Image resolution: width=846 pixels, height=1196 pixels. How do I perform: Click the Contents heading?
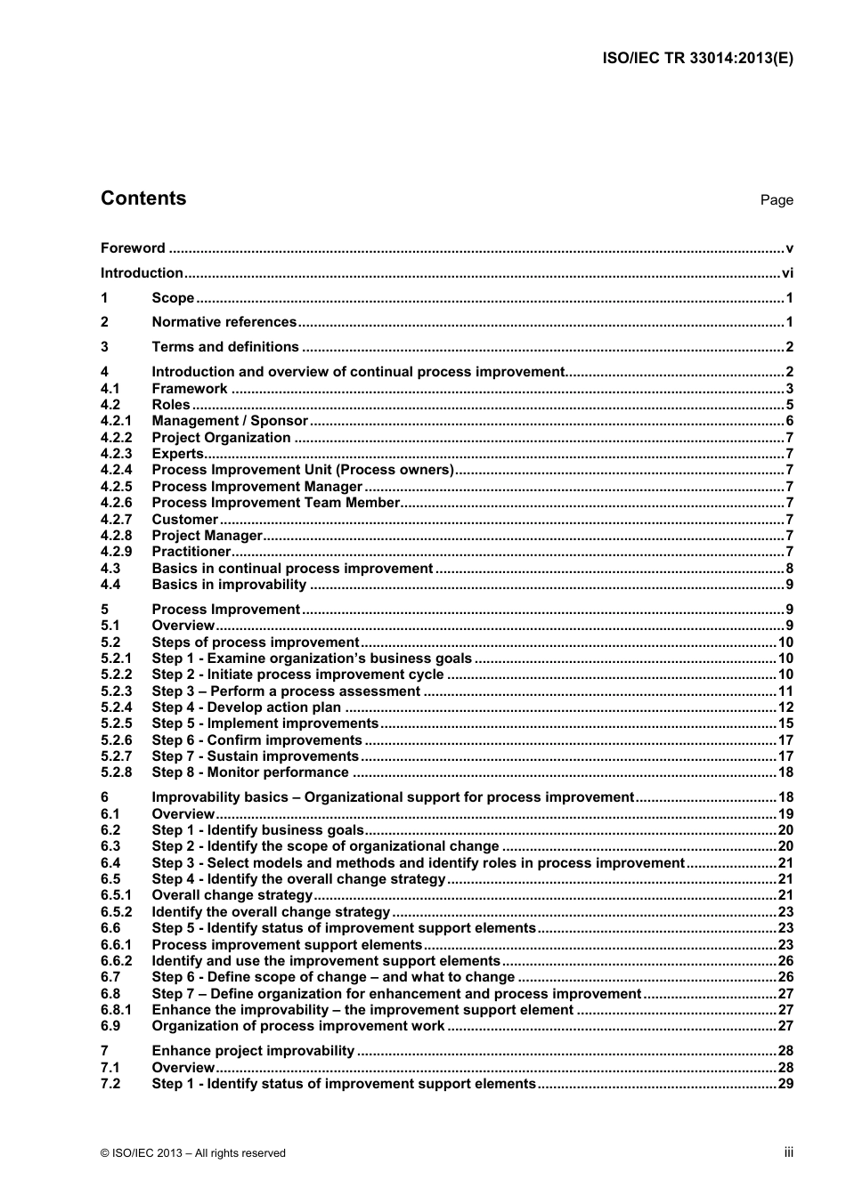[x=143, y=198]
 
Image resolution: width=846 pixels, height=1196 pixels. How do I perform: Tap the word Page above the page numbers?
[x=776, y=200]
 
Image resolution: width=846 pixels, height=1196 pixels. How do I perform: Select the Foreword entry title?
[x=133, y=248]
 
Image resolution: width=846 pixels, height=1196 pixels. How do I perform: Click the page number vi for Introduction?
[x=787, y=273]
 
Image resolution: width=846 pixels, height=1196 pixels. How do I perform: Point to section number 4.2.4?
[x=116, y=470]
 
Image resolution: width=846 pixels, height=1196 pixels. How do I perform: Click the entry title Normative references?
[x=224, y=322]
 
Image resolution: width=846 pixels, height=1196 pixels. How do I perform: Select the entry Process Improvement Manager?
[x=256, y=487]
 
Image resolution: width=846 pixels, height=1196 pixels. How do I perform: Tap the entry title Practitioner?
[x=191, y=552]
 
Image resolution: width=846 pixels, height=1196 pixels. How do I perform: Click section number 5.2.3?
[x=116, y=691]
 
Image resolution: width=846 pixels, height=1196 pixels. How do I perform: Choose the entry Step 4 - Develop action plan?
[x=246, y=707]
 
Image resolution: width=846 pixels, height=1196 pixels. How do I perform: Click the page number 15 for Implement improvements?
[x=785, y=723]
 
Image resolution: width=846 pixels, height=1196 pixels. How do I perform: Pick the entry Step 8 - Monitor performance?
[x=250, y=772]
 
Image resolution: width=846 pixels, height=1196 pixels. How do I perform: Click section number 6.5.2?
[x=116, y=912]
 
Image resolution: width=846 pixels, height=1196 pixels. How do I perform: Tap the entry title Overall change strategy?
[x=232, y=895]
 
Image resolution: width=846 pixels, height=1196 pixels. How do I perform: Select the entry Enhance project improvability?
[x=253, y=1051]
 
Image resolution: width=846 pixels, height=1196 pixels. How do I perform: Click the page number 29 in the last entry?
[x=785, y=1084]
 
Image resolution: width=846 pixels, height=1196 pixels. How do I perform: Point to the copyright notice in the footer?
[x=193, y=1153]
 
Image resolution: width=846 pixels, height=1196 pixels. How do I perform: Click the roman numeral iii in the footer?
[x=788, y=1152]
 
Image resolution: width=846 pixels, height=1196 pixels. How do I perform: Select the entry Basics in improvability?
[x=229, y=585]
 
